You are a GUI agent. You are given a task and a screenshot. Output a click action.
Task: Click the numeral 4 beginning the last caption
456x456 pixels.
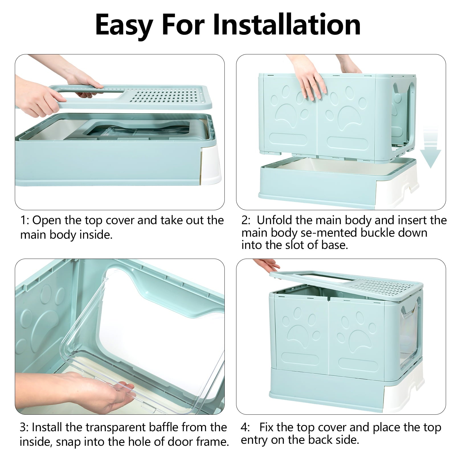(x=244, y=427)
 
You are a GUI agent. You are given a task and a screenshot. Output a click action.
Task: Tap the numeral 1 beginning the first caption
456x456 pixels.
(x=23, y=220)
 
